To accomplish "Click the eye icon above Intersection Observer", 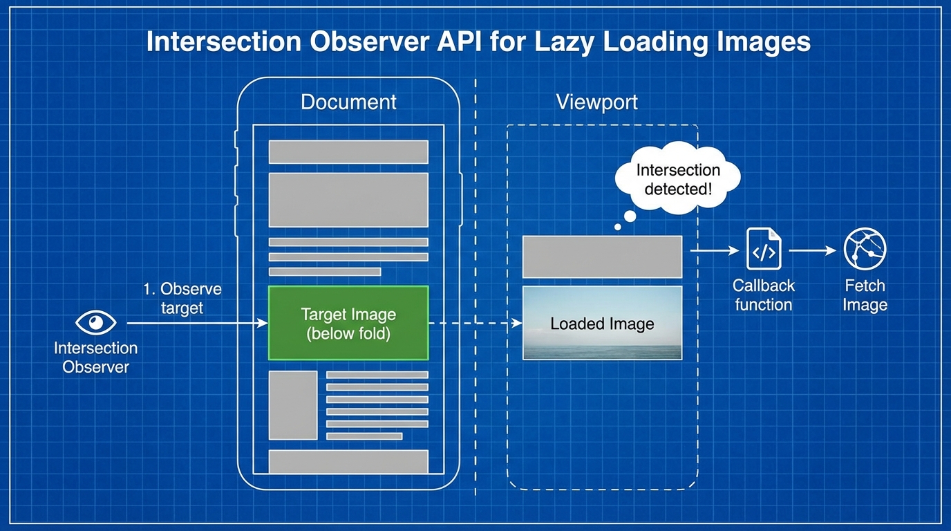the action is (95, 322).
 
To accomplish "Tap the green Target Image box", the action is (348, 323).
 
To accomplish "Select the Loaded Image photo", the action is (602, 323).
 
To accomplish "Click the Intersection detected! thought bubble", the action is (677, 178).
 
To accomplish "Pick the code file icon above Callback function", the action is (764, 249).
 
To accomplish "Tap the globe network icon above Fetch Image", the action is (865, 249).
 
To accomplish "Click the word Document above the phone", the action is (348, 102).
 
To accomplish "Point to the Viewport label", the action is (597, 102).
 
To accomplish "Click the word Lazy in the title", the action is (563, 41).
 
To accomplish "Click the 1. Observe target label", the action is (182, 298).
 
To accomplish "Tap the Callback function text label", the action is (763, 295).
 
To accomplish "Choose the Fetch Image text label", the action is (865, 295).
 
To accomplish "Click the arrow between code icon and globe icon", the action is (813, 250).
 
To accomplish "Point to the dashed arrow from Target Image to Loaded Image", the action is (475, 324).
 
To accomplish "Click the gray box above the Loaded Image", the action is (602, 257).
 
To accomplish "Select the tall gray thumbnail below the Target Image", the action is (293, 405).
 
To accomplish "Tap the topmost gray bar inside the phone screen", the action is (348, 151).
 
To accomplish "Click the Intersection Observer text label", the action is (95, 357).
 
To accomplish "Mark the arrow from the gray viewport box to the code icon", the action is (715, 250).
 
